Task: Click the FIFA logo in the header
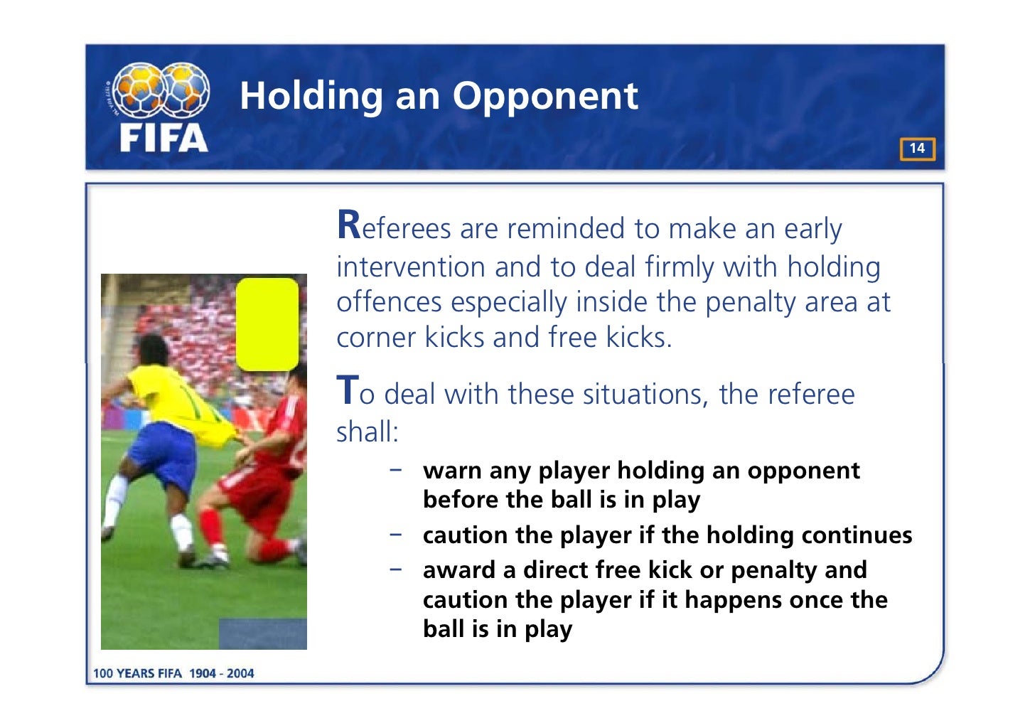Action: (x=161, y=107)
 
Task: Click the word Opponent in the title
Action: (x=545, y=96)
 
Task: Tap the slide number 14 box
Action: (x=917, y=149)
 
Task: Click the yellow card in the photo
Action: (x=267, y=324)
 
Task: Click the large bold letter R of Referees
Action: (x=349, y=225)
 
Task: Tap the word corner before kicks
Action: (x=376, y=338)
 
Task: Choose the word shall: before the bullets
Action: (x=368, y=432)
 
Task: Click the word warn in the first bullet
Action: (x=447, y=471)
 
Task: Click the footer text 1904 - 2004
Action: (x=221, y=673)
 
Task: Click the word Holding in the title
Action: (x=311, y=96)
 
